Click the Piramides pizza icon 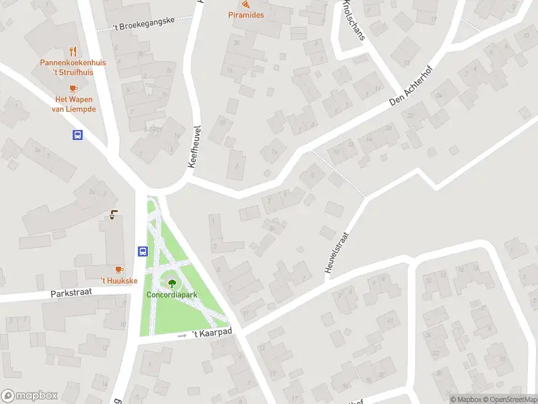[x=245, y=4]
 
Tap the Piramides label [x=245, y=15]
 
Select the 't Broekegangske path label [x=135, y=24]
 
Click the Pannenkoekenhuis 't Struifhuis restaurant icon [x=73, y=51]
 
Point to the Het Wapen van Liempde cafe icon [x=73, y=88]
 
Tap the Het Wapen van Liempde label [x=75, y=104]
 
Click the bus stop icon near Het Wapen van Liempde [x=78, y=135]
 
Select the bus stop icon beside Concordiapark [x=143, y=251]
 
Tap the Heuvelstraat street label [x=338, y=252]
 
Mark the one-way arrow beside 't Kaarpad [x=182, y=335]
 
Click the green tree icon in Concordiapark [x=172, y=283]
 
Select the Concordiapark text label [x=172, y=295]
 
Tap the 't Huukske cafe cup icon [x=120, y=269]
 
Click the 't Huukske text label [x=119, y=281]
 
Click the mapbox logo [x=28, y=395]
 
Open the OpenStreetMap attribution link [x=512, y=399]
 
